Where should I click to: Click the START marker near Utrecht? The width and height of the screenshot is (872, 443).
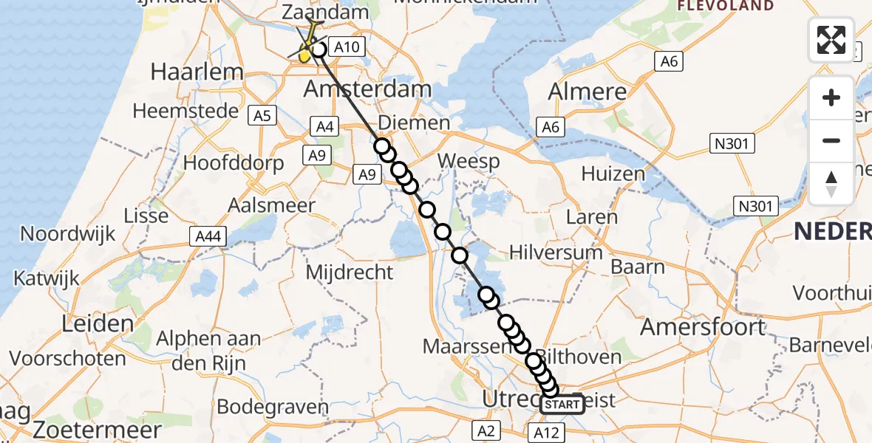[x=562, y=405]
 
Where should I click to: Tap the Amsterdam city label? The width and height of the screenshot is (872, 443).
[x=368, y=90]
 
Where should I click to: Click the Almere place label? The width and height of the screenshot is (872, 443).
[x=587, y=92]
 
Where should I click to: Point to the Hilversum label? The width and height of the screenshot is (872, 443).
[x=556, y=253]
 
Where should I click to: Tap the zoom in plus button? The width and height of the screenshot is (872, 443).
[x=831, y=98]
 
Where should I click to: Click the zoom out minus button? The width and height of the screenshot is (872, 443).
[x=831, y=140]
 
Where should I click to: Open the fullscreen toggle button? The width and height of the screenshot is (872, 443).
[x=831, y=40]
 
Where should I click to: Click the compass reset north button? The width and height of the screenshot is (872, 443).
[x=831, y=183]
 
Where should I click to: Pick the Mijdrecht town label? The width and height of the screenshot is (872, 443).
[x=350, y=272]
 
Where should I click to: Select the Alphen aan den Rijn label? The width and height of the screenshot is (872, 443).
[x=208, y=351]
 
